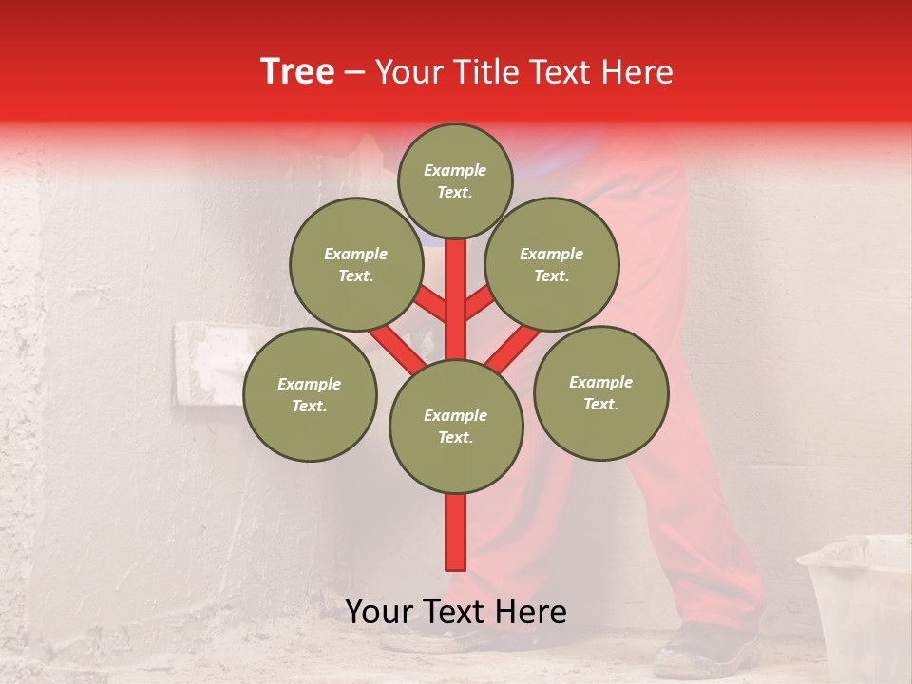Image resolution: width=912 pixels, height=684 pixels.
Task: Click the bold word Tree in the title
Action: point(297,71)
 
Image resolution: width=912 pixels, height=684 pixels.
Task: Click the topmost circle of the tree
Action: point(455,180)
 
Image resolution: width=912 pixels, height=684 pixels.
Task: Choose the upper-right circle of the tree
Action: point(552,264)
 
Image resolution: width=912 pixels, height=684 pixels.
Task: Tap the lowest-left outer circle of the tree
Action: point(310,394)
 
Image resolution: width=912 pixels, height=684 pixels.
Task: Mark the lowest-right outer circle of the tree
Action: point(601,392)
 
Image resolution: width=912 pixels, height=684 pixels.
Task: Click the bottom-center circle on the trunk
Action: point(456,426)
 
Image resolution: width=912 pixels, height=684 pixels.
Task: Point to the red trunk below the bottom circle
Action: point(456,532)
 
